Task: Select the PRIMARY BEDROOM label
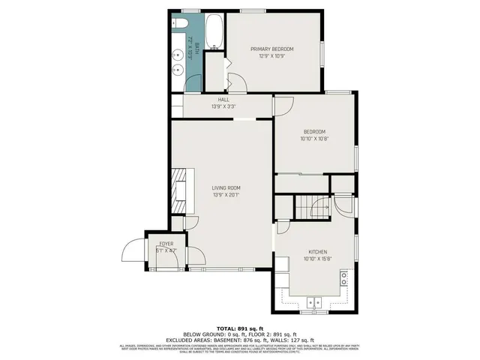(x=271, y=49)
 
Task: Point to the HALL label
(x=223, y=99)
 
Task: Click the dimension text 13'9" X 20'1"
(x=226, y=196)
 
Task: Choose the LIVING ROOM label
(x=226, y=187)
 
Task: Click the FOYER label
(x=165, y=244)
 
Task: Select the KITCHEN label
(x=318, y=252)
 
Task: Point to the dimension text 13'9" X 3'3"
(x=223, y=106)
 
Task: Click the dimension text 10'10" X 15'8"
(x=318, y=259)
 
